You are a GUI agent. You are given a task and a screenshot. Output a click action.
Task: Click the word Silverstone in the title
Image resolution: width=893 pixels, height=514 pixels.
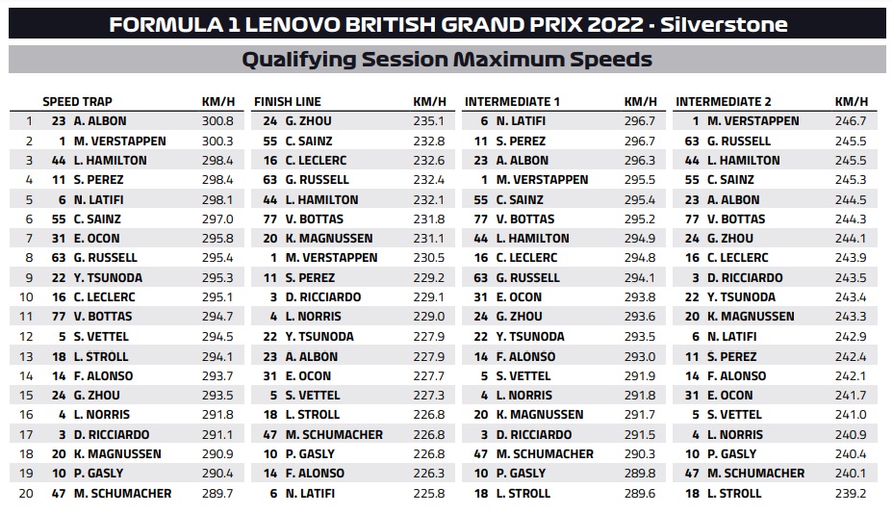[x=724, y=24]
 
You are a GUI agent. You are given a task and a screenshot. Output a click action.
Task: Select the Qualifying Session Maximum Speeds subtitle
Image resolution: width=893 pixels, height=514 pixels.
[x=447, y=60]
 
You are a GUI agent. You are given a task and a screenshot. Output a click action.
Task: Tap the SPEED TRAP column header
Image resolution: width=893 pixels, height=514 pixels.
[x=77, y=101]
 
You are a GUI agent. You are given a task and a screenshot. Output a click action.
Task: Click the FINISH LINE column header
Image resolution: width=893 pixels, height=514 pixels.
[x=288, y=101]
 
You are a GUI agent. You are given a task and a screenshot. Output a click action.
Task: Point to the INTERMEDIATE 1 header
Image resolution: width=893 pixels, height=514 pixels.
[x=513, y=101]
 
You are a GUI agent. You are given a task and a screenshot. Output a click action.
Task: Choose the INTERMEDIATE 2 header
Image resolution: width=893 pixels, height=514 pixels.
[x=724, y=101]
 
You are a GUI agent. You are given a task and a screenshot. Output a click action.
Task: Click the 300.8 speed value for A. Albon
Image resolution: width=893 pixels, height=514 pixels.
[x=217, y=121]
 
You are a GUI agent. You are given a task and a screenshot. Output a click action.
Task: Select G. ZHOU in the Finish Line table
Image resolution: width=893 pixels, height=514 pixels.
[x=308, y=121]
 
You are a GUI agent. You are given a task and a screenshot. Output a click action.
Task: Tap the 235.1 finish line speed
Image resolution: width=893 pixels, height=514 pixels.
[x=429, y=121]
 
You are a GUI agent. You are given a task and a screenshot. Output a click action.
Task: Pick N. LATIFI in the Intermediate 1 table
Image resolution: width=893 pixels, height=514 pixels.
[x=521, y=121]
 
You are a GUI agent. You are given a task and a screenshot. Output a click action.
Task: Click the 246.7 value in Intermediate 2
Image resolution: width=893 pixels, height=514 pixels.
[x=851, y=121]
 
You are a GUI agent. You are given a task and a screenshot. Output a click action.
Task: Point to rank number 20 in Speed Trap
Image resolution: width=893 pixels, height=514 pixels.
[x=26, y=494]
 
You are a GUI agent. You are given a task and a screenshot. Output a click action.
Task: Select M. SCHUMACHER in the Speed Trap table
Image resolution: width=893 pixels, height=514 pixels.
[x=122, y=494]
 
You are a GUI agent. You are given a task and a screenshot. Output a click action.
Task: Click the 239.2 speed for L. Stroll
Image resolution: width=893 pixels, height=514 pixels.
[x=851, y=494]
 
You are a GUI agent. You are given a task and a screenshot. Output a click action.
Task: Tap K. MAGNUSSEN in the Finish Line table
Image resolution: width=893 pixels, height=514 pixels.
[x=329, y=238]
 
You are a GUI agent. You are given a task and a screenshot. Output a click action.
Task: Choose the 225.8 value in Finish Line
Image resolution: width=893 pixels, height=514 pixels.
[x=429, y=494]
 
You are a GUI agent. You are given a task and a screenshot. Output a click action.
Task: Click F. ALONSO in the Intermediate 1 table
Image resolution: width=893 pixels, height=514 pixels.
[x=525, y=357]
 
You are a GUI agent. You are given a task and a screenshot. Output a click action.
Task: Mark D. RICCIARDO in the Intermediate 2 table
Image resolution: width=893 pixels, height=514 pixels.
[x=745, y=277]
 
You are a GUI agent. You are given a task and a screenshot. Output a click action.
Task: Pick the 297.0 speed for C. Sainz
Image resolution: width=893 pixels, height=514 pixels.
[x=217, y=218]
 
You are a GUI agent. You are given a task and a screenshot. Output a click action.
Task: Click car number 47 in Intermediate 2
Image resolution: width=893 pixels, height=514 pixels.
[x=692, y=474]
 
